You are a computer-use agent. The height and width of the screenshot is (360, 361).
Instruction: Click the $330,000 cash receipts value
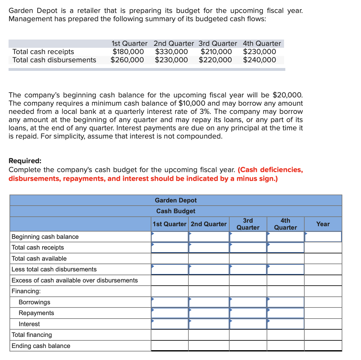pyautogui.click(x=171, y=52)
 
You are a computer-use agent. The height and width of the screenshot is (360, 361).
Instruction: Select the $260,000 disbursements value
pyautogui.click(x=127, y=60)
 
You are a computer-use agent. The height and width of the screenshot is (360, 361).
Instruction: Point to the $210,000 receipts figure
pyautogui.click(x=216, y=52)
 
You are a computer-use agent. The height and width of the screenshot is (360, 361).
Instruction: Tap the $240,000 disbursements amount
pyautogui.click(x=259, y=60)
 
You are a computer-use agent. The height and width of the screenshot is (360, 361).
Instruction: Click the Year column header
pyautogui.click(x=323, y=224)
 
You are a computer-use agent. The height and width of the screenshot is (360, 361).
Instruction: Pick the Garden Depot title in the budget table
pyautogui.click(x=176, y=200)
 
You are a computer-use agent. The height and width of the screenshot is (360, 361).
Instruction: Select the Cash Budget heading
pyautogui.click(x=176, y=211)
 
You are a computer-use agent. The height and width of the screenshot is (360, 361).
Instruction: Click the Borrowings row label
pyautogui.click(x=35, y=302)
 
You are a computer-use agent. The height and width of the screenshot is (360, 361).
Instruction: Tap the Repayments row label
pyautogui.click(x=36, y=313)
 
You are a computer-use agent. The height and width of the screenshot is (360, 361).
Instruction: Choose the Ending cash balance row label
pyautogui.click(x=41, y=346)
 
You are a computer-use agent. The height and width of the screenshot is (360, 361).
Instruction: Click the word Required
pyautogui.click(x=25, y=161)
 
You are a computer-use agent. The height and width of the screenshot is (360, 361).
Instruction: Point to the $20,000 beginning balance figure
pyautogui.click(x=287, y=95)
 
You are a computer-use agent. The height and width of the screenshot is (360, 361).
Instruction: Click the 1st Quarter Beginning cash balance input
pyautogui.click(x=170, y=237)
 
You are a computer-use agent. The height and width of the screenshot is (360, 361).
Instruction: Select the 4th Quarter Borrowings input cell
pyautogui.click(x=285, y=302)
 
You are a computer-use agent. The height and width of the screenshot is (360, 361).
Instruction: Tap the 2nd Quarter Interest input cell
pyautogui.click(x=209, y=324)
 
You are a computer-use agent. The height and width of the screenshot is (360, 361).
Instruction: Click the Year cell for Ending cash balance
pyautogui.click(x=323, y=346)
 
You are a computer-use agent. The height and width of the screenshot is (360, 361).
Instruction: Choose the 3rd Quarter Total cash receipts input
pyautogui.click(x=248, y=247)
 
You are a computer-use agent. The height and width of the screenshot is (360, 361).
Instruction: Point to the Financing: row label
pyautogui.click(x=26, y=291)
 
